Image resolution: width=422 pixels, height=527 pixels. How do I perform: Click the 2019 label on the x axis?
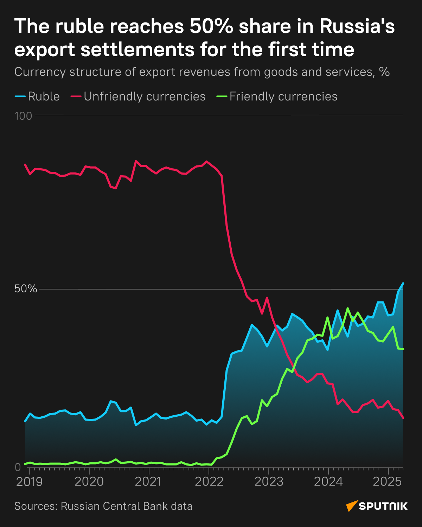pos(30,482)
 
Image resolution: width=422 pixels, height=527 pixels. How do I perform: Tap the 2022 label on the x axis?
pos(209,482)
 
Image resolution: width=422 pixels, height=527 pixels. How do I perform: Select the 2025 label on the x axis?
pos(387,482)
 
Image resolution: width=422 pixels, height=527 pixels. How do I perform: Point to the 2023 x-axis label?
pos(269,482)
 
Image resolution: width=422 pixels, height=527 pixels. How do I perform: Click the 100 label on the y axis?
pos(23,116)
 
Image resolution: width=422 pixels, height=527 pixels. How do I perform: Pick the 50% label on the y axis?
pos(25,289)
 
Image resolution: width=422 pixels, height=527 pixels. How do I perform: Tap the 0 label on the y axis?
pos(18,467)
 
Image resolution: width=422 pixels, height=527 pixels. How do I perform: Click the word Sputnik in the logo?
pos(383,506)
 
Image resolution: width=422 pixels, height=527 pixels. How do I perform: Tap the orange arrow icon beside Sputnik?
pos(352,506)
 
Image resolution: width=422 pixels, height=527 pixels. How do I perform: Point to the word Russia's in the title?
pos(357,27)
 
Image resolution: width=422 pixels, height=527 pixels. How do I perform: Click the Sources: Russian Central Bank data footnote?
pos(103,506)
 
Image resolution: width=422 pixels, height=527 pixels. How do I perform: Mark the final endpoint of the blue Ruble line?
pos(403,283)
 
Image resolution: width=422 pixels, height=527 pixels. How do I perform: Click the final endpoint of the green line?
pos(403,349)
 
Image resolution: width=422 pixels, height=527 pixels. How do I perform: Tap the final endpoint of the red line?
pos(403,418)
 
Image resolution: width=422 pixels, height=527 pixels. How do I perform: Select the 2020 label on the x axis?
pos(89,482)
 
